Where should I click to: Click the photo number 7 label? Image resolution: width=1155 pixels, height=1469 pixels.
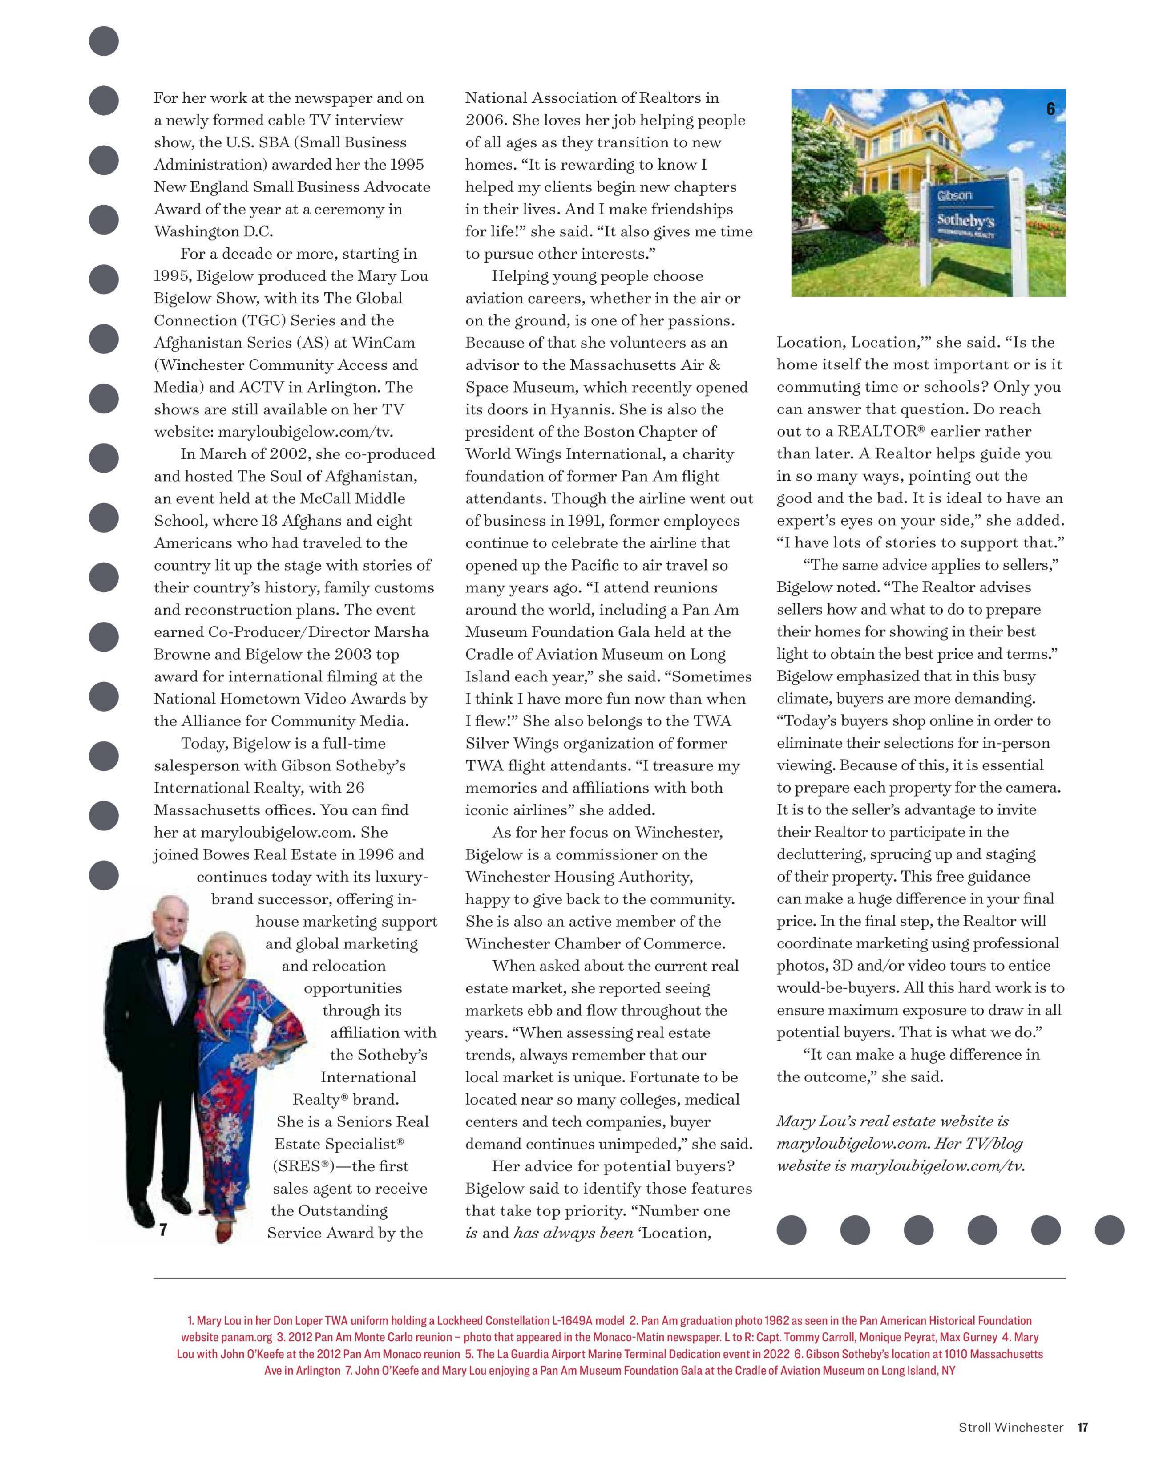pyautogui.click(x=163, y=1230)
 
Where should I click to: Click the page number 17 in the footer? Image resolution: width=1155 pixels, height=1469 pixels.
pyautogui.click(x=1082, y=1428)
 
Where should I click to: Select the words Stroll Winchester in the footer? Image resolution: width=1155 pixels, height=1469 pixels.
pyautogui.click(x=1010, y=1428)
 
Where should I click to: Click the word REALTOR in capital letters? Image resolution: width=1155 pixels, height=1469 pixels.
pyautogui.click(x=875, y=432)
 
